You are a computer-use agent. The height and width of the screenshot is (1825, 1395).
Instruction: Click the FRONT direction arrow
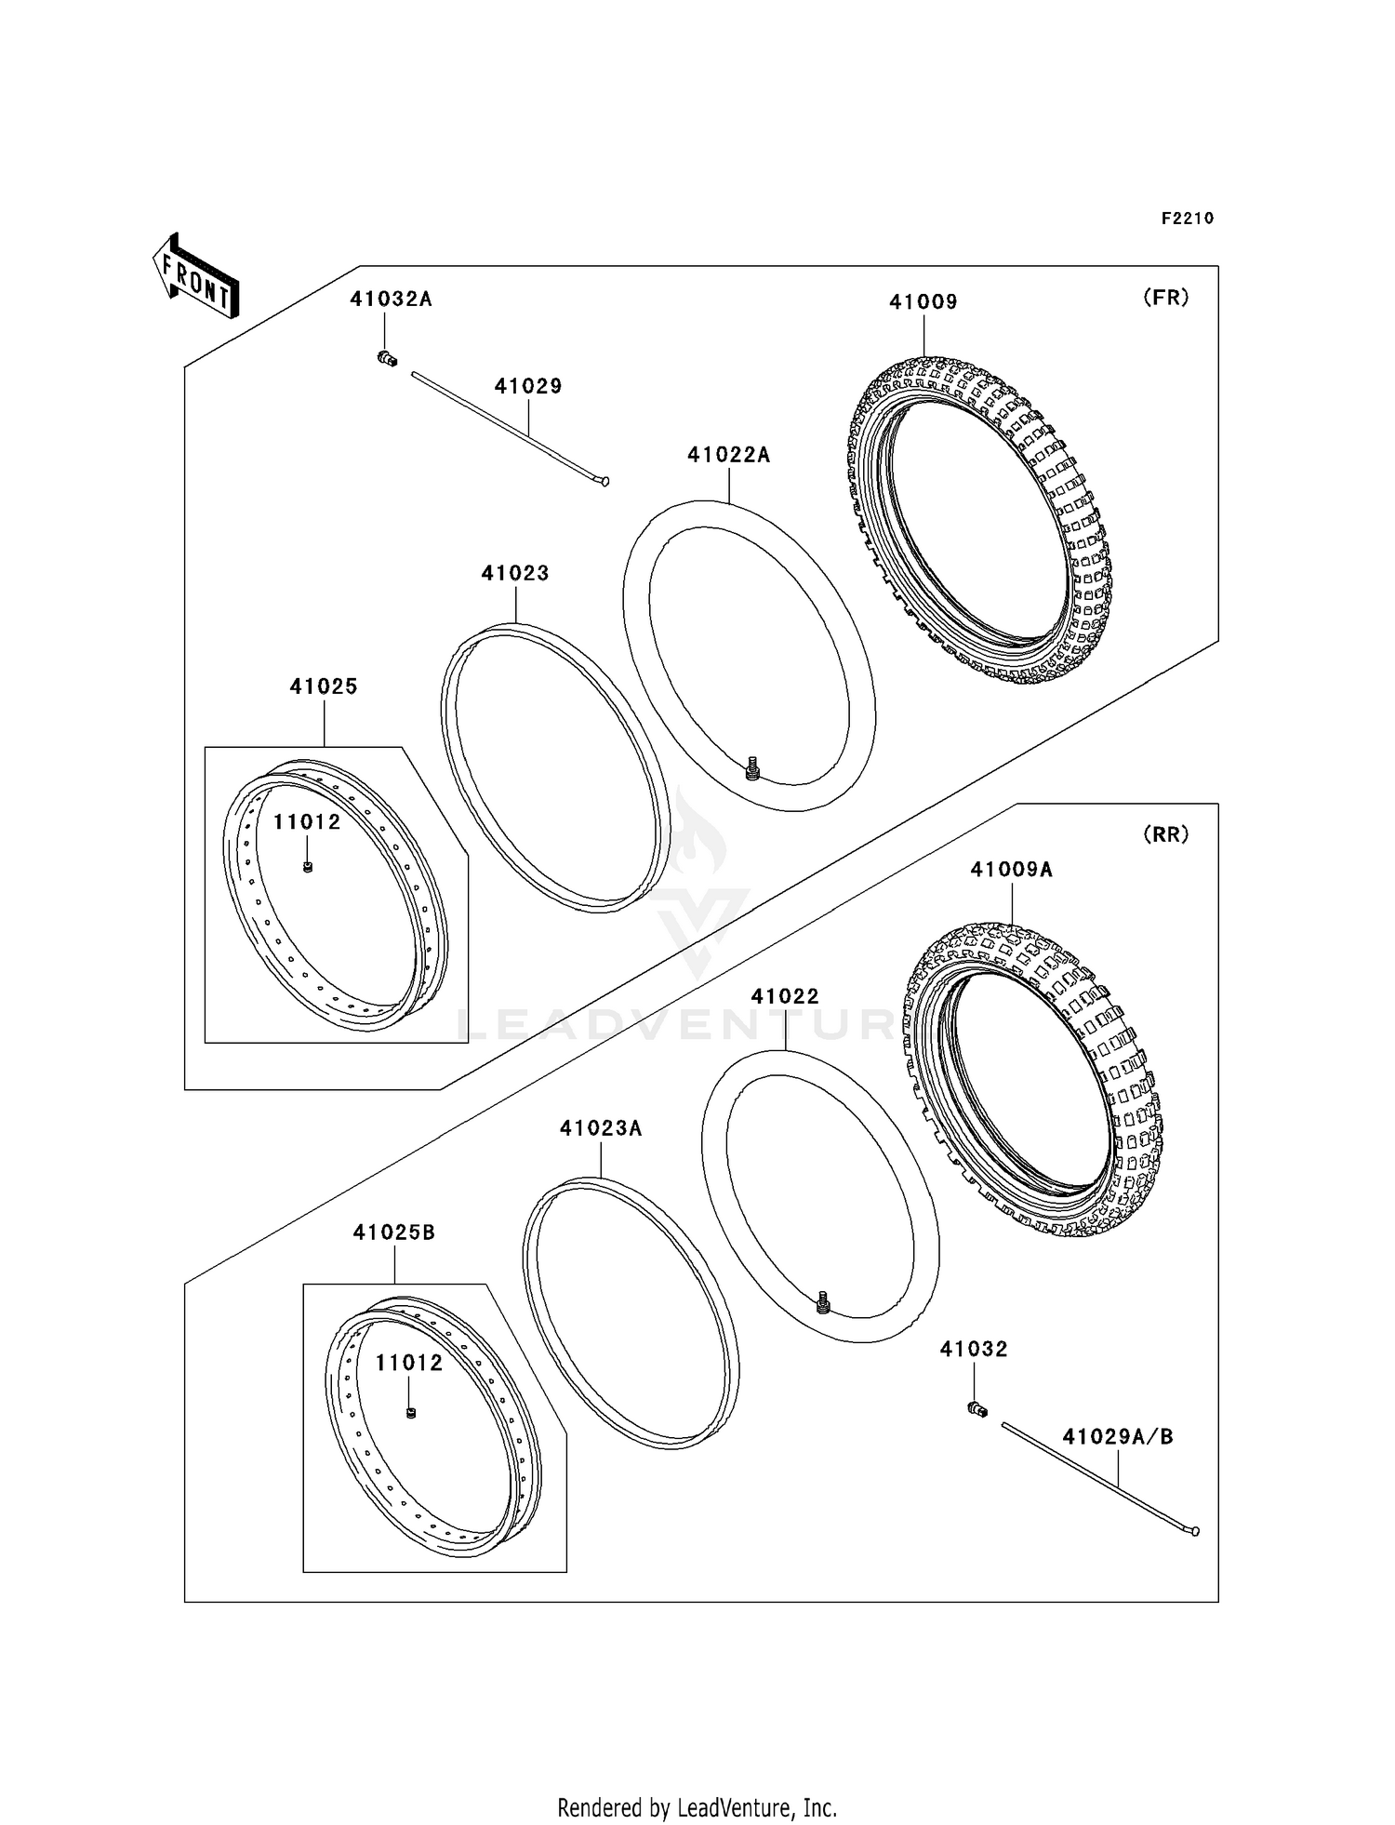tap(196, 278)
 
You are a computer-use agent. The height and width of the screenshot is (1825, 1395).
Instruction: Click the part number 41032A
tap(391, 300)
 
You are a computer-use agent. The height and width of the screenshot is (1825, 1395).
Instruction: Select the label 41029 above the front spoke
tap(528, 386)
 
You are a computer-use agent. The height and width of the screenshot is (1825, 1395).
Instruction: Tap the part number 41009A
tap(1012, 870)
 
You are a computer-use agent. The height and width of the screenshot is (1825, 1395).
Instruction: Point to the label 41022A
tap(729, 455)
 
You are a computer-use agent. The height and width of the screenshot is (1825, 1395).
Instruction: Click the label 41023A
tap(601, 1128)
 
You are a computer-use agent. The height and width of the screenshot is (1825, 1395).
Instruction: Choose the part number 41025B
tap(394, 1232)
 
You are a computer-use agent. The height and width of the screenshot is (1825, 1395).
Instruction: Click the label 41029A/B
tap(1118, 1437)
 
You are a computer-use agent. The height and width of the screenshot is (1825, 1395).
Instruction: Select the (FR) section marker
tap(1165, 299)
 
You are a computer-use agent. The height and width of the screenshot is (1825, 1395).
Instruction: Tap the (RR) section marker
tap(1165, 835)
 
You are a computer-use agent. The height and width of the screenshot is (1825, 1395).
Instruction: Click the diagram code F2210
tap(1187, 219)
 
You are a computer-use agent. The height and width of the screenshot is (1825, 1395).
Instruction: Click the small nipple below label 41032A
tap(387, 358)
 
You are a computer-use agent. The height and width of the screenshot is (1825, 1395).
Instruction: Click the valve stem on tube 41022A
tap(753, 769)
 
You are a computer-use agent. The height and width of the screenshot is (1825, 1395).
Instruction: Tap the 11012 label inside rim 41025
tap(307, 822)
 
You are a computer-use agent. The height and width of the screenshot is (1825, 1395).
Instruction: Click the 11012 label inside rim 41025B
tap(409, 1363)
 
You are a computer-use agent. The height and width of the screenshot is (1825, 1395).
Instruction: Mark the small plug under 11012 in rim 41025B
tap(411, 1414)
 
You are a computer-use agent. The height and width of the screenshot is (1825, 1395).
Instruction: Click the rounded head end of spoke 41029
tap(605, 481)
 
